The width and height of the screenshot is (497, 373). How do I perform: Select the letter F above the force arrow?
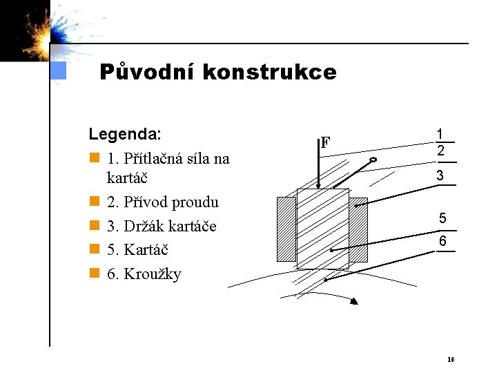(325, 143)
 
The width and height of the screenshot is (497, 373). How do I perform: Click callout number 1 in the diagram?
(440, 134)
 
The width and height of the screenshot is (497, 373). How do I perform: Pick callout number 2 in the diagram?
(440, 150)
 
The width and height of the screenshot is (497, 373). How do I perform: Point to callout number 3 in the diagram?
(440, 175)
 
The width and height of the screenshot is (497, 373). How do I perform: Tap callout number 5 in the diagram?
(442, 219)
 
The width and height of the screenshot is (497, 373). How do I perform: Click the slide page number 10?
(450, 359)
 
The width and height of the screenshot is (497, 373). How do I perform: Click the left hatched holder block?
(286, 229)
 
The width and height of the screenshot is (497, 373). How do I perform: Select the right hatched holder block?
(358, 229)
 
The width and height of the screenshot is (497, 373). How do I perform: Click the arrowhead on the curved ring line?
(354, 300)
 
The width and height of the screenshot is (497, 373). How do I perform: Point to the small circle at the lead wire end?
(373, 161)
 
